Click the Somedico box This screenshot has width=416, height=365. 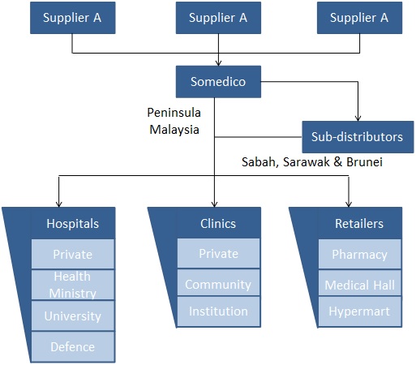(x=218, y=81)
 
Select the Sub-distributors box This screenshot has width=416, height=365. (x=358, y=137)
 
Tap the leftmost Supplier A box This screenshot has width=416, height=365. (x=73, y=18)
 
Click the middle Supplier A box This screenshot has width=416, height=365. (x=218, y=18)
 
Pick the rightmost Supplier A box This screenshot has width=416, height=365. (x=359, y=18)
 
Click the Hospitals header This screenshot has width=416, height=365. (x=73, y=223)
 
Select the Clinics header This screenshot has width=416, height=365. (x=218, y=223)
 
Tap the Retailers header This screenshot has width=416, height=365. (x=359, y=223)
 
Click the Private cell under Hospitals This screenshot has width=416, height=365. (x=73, y=254)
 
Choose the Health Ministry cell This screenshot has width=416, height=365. (x=73, y=285)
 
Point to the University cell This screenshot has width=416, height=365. (x=73, y=316)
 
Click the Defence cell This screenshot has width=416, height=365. (x=73, y=346)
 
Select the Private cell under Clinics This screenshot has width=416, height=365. (x=218, y=253)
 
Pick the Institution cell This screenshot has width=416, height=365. (x=218, y=311)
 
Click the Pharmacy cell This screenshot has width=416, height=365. (x=359, y=254)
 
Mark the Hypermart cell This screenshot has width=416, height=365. (x=359, y=311)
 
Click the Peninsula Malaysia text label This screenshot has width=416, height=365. (x=174, y=121)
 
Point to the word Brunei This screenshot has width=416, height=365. (x=364, y=162)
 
